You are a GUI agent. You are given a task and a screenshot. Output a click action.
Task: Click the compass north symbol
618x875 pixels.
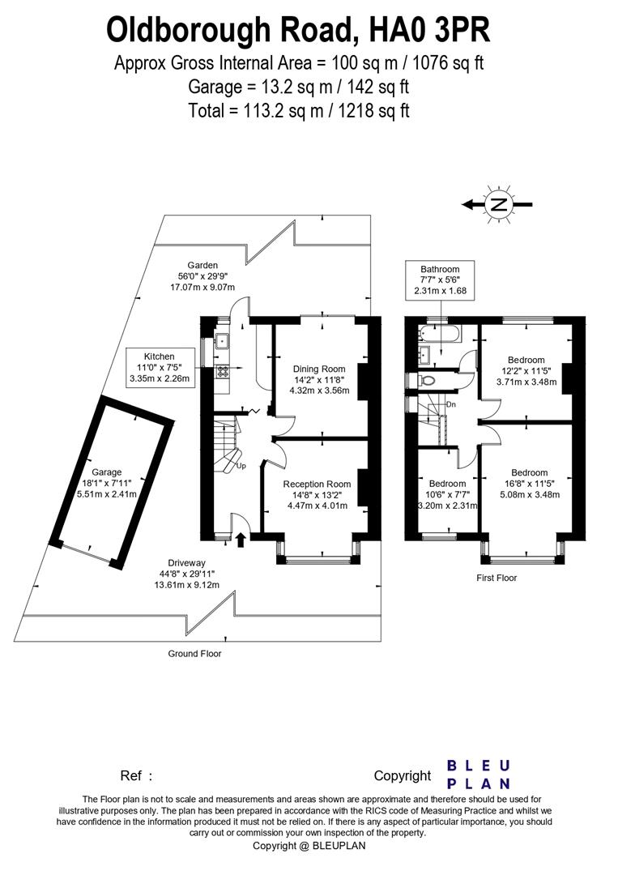499,205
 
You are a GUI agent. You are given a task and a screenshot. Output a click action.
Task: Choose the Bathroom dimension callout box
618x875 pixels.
440,280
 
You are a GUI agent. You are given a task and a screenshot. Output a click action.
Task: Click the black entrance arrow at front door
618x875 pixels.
240,538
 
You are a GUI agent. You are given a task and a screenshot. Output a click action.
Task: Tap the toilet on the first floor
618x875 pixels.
428,379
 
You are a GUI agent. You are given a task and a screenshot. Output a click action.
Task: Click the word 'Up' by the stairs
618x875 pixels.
241,467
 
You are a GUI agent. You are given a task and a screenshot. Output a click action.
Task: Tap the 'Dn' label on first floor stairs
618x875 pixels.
451,403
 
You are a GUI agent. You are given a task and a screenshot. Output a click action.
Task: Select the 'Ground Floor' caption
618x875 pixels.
194,653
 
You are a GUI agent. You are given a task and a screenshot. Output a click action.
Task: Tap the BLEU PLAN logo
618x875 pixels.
478,775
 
